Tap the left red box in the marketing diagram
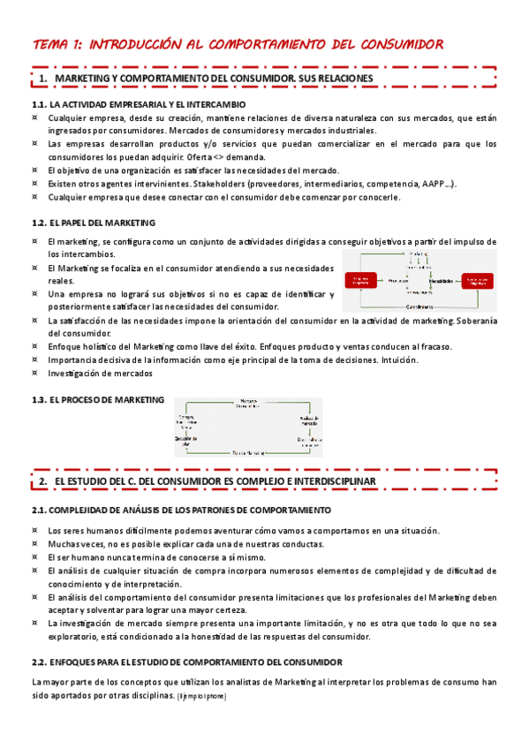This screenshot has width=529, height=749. (x=361, y=280)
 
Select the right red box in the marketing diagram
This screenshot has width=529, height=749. (x=478, y=280)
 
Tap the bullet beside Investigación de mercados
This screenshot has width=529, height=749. (x=34, y=374)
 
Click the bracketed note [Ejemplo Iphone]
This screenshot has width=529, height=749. (x=202, y=697)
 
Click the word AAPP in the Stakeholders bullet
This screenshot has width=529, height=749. (x=435, y=184)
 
